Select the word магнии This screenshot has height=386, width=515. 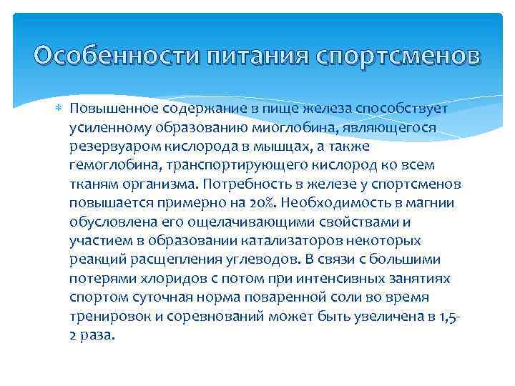pos(431,202)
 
